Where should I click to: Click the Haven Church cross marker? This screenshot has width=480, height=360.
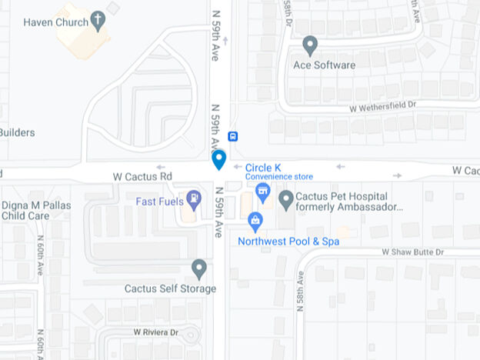coord(97,20)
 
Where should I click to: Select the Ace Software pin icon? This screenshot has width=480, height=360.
coord(310,45)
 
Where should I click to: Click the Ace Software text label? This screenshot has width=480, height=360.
coord(325,65)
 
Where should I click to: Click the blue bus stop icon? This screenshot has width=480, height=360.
coord(233,137)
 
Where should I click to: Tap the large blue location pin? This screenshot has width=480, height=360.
coord(218,159)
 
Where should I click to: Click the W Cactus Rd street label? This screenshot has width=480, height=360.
coord(142,176)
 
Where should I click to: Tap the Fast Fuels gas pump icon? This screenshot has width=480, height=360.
coord(194,200)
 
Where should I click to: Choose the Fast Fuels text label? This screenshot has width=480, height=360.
coord(158,202)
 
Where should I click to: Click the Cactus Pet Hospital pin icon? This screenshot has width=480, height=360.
coord(286,201)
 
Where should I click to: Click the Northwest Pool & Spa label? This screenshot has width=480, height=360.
coord(288,242)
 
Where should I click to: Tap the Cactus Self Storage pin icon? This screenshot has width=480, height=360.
coord(199,268)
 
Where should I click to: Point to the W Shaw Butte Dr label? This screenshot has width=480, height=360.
coord(413,252)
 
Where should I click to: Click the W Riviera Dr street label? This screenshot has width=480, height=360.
coord(155,332)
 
